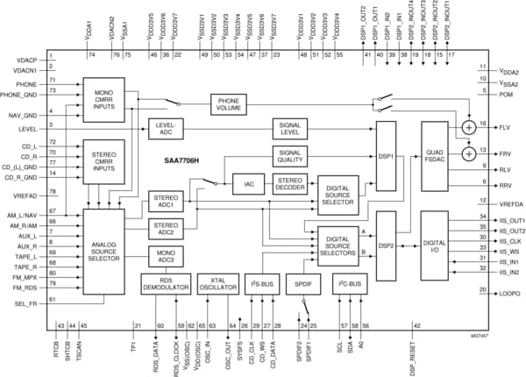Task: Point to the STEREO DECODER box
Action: coord(289,184)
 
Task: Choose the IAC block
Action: coord(248,184)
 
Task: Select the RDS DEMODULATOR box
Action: coord(164,285)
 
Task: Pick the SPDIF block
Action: coord(304,285)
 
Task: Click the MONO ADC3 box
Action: coord(164,256)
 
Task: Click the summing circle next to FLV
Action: coord(470,126)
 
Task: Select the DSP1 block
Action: coord(386,156)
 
